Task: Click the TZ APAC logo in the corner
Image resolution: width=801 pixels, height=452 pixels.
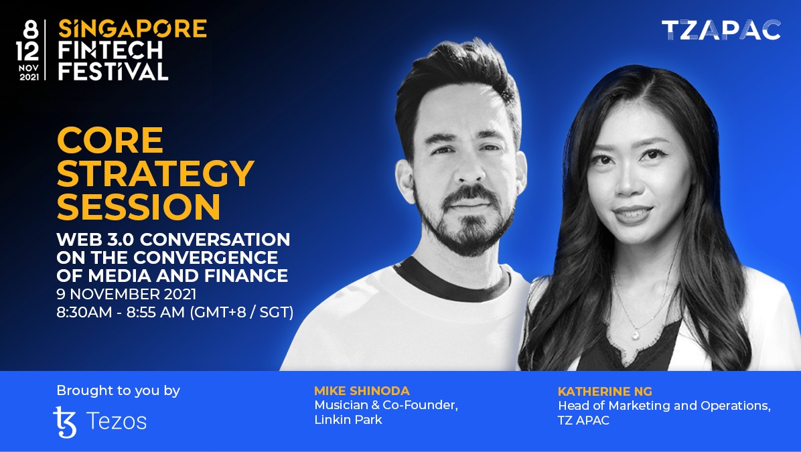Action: pos(721,29)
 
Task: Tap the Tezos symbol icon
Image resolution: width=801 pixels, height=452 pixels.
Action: pos(65,422)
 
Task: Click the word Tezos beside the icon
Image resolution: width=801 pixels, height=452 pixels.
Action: pos(117,422)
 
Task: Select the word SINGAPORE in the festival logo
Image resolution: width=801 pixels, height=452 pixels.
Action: pos(133,28)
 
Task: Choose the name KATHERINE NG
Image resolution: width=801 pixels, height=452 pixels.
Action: pos(605,391)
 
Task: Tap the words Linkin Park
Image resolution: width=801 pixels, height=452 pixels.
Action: pos(348,421)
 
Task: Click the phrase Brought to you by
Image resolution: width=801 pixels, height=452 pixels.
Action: pos(118,390)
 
